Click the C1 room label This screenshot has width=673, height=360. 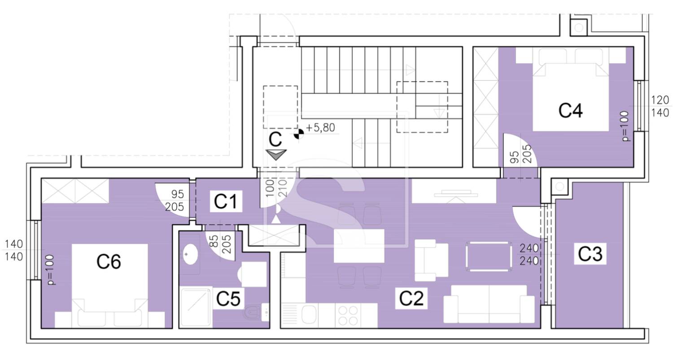pos(226,202)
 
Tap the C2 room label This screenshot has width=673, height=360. pos(411,298)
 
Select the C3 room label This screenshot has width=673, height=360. pos(590,254)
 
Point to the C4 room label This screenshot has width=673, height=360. pos(571,110)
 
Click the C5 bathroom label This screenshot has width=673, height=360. pos(228,299)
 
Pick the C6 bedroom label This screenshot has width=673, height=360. pos(109,261)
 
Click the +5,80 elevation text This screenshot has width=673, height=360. pos(320,128)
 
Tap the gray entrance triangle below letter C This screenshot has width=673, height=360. pos(276,154)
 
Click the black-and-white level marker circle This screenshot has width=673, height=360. pos(298,134)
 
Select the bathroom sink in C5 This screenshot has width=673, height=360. pos(191,254)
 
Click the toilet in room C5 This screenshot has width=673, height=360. pos(252,312)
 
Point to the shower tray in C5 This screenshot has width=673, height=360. pos(196,307)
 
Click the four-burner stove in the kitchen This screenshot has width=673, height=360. pos(348,316)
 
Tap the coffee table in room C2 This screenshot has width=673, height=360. pos(489,257)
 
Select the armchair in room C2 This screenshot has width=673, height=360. pos(431,260)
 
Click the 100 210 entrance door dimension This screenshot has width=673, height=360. pos(277,188)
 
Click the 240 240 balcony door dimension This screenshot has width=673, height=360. pos(529,255)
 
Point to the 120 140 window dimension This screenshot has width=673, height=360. pos(660,106)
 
